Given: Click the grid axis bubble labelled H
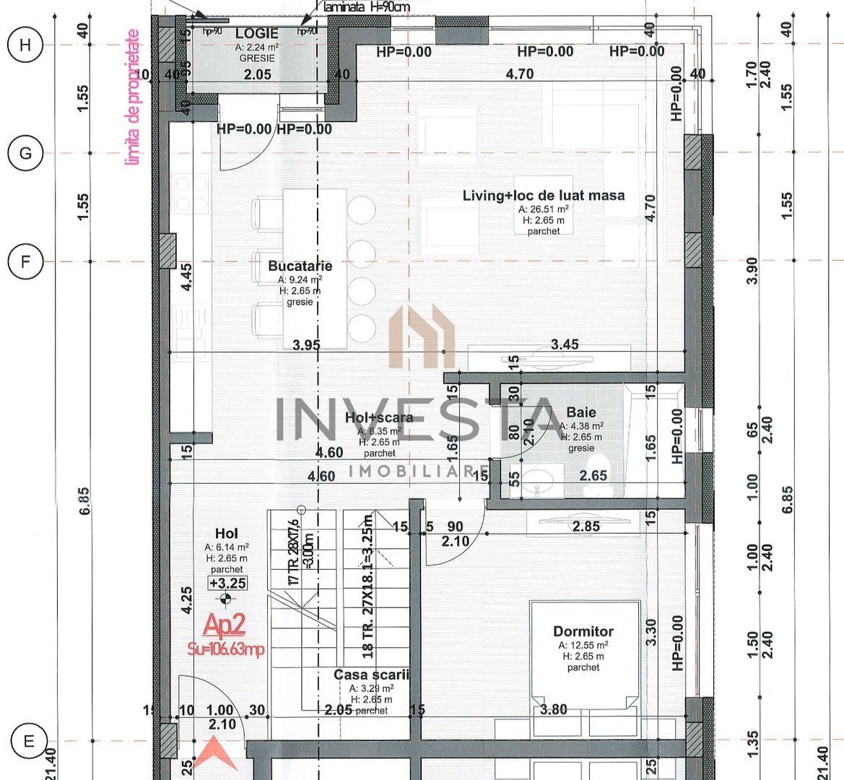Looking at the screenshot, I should (x=25, y=45).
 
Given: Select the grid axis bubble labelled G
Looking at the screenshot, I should (x=25, y=153).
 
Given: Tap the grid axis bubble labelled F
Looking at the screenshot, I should (x=25, y=261).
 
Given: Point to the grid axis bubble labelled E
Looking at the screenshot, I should (x=29, y=741).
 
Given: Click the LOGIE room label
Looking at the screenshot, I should (x=257, y=35).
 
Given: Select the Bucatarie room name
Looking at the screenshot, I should (x=300, y=266).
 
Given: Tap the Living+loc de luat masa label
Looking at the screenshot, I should (x=544, y=195).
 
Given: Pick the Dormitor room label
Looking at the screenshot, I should (x=583, y=631).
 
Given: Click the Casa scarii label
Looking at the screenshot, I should (x=371, y=675).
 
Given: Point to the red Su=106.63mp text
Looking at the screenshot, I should (x=225, y=649).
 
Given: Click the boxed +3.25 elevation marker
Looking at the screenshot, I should (x=227, y=584).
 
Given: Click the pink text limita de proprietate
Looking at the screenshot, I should (x=131, y=97).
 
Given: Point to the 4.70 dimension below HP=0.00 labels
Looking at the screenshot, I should (x=519, y=74).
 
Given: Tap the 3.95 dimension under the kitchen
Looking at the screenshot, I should (x=306, y=345).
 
